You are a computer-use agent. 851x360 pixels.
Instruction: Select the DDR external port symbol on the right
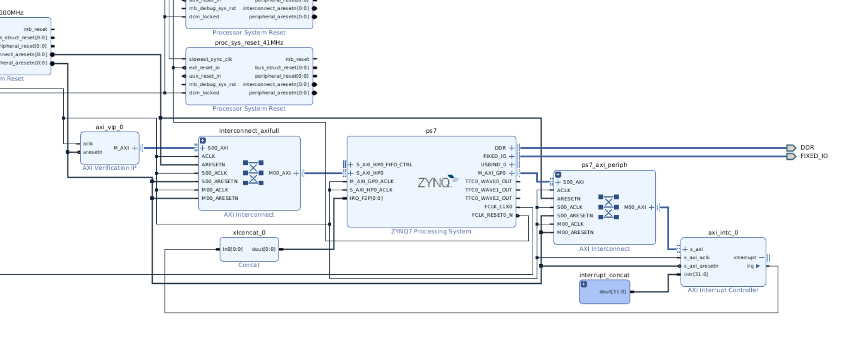click(791, 148)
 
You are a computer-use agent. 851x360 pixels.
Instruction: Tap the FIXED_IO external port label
click(814, 156)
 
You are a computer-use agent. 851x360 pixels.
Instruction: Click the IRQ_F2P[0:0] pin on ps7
click(366, 198)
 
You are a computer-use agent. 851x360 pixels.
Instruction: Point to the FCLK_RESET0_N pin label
click(492, 215)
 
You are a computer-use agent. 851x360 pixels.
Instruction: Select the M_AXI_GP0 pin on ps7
click(491, 173)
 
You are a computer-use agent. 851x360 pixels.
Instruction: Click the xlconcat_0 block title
click(249, 232)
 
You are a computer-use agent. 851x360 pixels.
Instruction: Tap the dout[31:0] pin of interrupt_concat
click(612, 291)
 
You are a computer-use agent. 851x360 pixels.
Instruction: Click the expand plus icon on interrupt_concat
click(584, 284)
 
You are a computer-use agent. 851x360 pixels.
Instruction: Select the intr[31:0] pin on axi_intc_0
click(696, 274)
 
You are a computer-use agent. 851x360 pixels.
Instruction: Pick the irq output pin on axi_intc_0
click(750, 266)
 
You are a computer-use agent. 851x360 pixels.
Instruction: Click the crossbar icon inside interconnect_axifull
click(253, 173)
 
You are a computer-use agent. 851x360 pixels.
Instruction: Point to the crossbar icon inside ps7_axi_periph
click(608, 207)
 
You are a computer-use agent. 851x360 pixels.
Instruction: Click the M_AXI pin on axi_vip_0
click(121, 148)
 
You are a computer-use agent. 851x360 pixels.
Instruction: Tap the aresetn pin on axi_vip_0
click(93, 152)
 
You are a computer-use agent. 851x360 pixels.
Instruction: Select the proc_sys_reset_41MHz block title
click(249, 43)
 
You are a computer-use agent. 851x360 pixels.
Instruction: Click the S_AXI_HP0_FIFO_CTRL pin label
click(384, 164)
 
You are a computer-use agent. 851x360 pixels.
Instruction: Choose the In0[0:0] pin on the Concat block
click(233, 249)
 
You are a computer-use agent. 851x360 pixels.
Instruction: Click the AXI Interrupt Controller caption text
click(723, 290)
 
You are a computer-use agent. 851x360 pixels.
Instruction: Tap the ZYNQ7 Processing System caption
click(431, 231)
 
